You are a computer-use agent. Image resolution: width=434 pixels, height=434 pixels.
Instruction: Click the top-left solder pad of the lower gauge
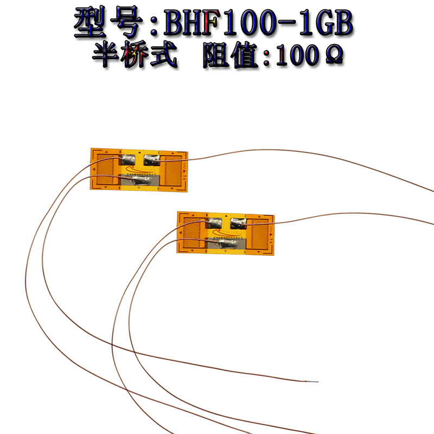pyautogui.click(x=214, y=222)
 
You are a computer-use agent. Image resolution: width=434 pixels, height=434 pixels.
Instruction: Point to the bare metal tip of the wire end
pyautogui.click(x=315, y=381)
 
